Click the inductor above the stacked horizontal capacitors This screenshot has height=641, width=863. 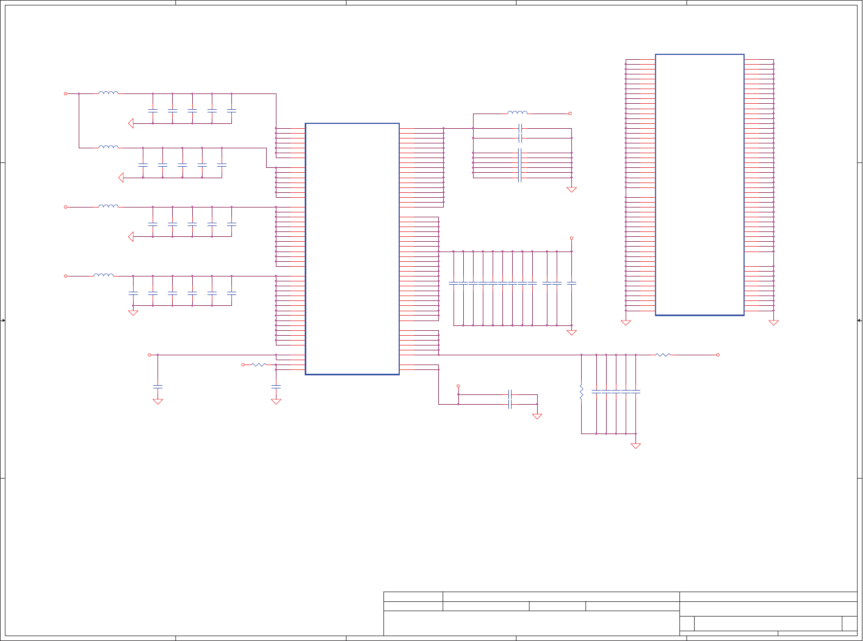(x=517, y=113)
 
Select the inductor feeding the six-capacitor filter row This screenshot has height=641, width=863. (x=104, y=275)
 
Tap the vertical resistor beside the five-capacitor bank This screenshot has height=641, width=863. (x=581, y=391)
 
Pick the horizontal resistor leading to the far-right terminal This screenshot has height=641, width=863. (x=663, y=355)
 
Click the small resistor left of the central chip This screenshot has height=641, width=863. (x=259, y=365)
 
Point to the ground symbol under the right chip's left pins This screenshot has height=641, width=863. (x=626, y=323)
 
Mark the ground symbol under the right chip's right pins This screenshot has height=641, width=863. (x=773, y=323)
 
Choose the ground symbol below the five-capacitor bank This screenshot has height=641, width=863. (x=635, y=446)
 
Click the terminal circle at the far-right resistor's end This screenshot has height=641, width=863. (x=718, y=355)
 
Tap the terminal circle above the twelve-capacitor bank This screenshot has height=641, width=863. (x=571, y=238)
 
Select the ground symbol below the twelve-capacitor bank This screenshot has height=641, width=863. (x=571, y=332)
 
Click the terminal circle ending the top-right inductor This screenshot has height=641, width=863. (x=570, y=114)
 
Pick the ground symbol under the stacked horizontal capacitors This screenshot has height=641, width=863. (x=571, y=190)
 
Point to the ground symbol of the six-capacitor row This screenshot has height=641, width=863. (x=133, y=313)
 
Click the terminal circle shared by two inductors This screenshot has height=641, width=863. (x=66, y=93)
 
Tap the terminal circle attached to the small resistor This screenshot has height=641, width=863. (x=243, y=365)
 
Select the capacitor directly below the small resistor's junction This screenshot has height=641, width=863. (x=276, y=387)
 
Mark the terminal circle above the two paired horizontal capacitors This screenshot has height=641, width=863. (x=458, y=386)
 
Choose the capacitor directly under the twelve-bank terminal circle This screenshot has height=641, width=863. (x=571, y=283)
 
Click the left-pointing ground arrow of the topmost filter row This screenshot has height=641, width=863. (x=131, y=123)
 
